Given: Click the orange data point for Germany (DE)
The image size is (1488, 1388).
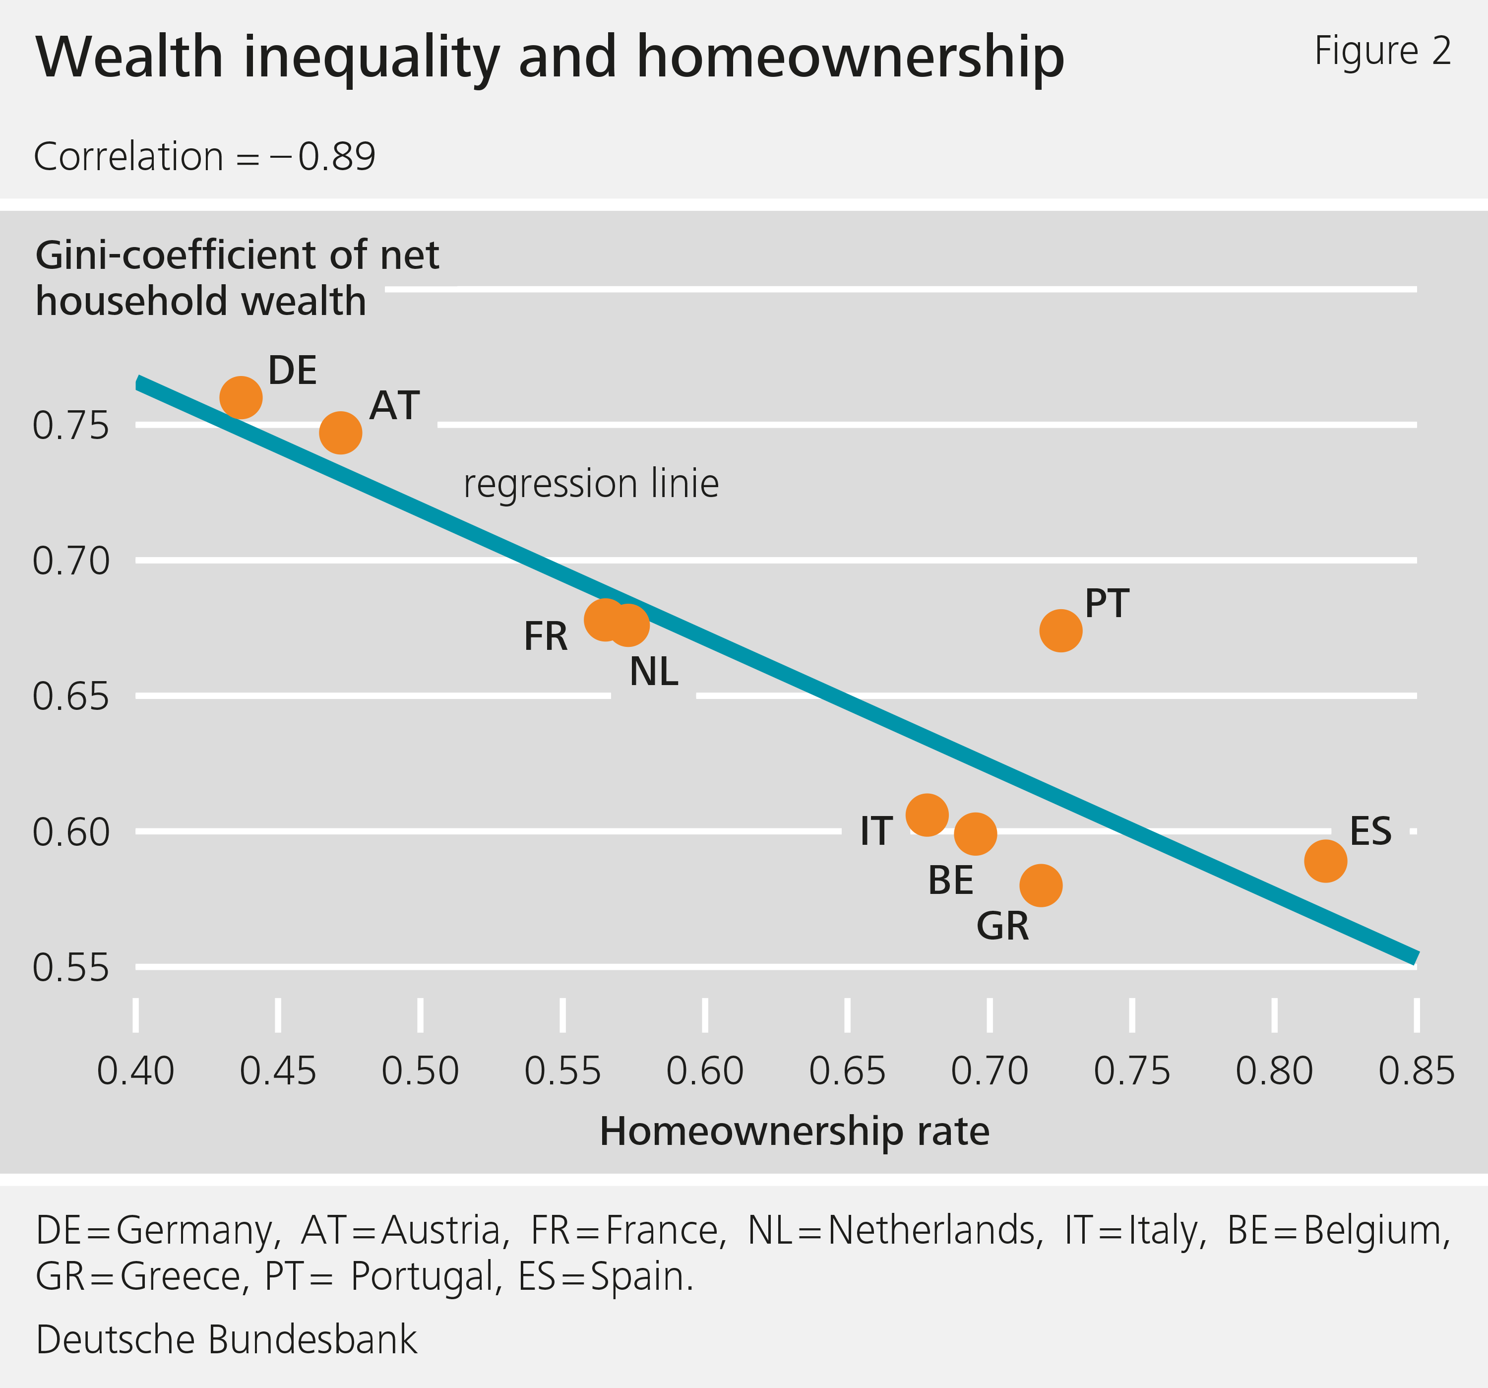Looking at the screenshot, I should pos(240,397).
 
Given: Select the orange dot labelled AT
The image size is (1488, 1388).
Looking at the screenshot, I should pos(341,433).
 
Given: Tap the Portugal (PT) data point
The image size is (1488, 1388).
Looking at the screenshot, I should pos(1060,631).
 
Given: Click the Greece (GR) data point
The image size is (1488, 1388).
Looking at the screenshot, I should pos(1041,885).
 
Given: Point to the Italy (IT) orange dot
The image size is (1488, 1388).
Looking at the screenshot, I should pos(927,815).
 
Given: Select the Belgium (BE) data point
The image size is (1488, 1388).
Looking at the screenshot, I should pos(975,834).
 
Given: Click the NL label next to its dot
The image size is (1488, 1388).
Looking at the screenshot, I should pos(653,672).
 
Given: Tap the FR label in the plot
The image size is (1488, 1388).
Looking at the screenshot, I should pos(546,636).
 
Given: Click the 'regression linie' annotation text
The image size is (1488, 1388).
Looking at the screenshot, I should pos(591,484).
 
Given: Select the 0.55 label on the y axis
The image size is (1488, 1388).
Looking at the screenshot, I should pos(70,967).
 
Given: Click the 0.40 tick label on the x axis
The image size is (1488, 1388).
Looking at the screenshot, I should pos(135,1071).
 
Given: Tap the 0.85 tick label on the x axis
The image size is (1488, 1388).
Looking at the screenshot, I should pos(1416,1071).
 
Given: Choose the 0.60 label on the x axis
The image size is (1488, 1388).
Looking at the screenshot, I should pos(704,1071).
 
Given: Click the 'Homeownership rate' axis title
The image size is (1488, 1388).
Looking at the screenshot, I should pos(794,1131).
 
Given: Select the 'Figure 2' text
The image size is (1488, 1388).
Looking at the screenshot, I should pos(1382,51).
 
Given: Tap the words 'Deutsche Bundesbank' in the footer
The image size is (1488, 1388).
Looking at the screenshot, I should pos(226,1339).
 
